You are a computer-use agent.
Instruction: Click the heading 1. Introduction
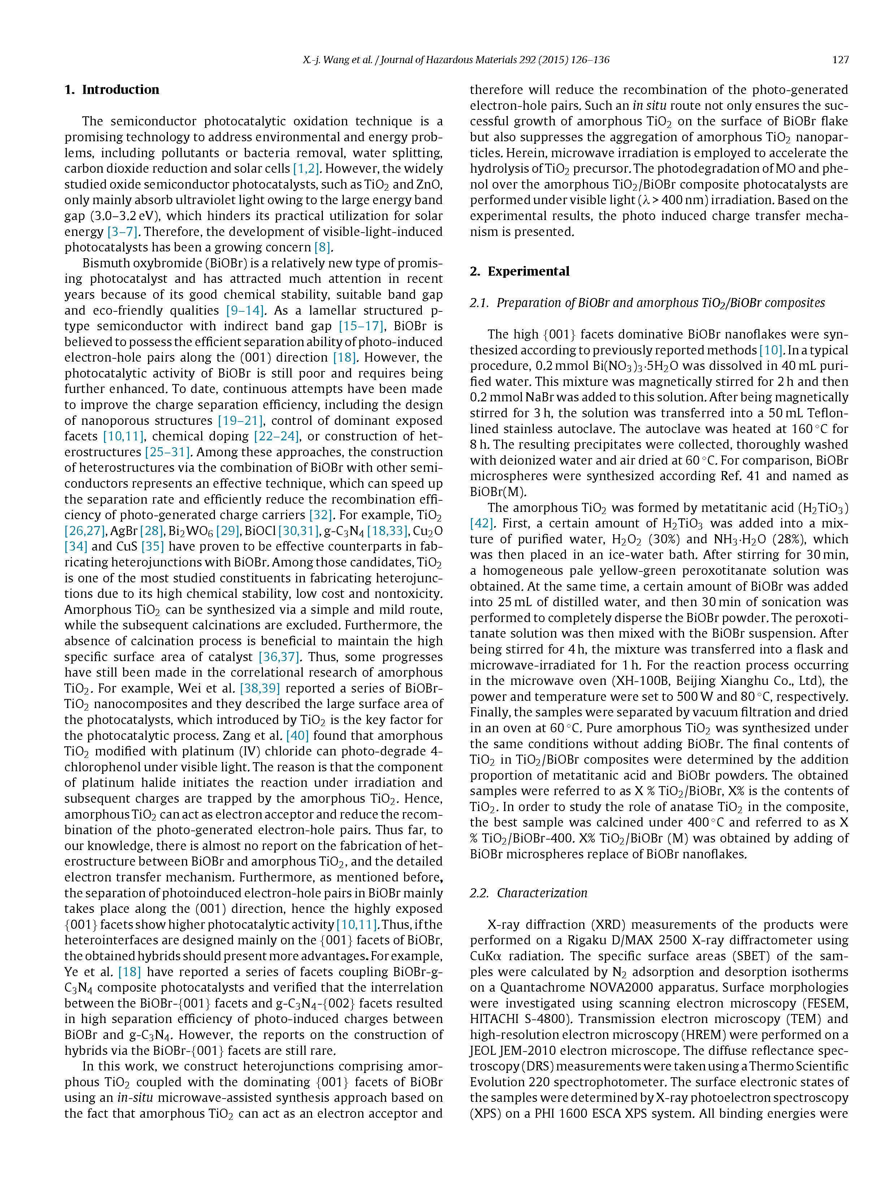point(112,90)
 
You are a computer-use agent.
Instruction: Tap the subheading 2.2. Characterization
point(528,893)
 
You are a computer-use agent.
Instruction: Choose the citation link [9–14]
point(244,311)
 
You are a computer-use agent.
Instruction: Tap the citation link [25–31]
point(167,452)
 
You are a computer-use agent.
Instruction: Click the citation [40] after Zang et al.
point(297,736)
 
